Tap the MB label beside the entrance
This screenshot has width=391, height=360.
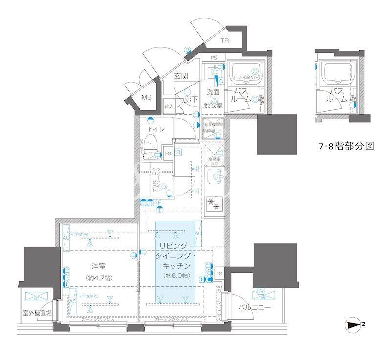click(147, 97)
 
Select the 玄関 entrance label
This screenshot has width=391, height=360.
click(181, 76)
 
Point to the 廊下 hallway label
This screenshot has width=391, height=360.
click(191, 99)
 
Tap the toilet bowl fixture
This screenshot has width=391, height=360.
click(151, 145)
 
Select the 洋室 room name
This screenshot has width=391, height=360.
click(99, 266)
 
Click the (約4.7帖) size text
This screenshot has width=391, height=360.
click(99, 278)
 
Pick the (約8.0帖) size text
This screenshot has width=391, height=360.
click(175, 276)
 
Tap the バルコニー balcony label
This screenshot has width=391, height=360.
click(255, 307)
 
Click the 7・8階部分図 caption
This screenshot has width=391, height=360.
click(346, 146)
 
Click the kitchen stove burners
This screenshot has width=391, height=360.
click(214, 204)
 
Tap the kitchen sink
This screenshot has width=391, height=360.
click(214, 177)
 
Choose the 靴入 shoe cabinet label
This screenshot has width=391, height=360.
click(169, 106)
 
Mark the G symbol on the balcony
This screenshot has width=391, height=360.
click(261, 292)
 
